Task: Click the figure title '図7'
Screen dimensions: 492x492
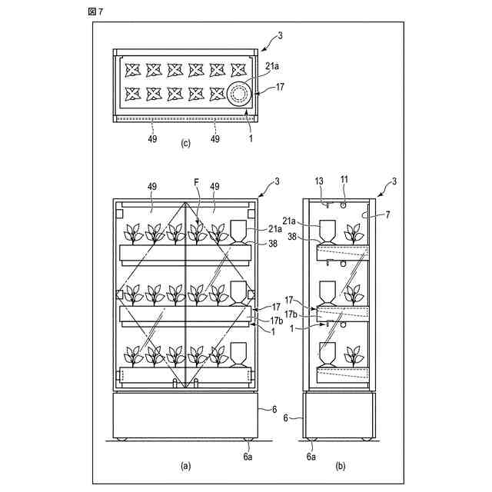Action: click(96, 10)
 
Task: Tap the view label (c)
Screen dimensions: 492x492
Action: click(184, 144)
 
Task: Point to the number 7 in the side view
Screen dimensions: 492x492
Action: click(387, 216)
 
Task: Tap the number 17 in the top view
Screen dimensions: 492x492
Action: click(279, 87)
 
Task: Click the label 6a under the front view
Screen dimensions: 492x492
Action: click(248, 456)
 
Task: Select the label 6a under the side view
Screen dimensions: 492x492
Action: click(311, 456)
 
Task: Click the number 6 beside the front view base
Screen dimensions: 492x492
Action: click(274, 409)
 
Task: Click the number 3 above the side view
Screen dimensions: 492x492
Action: click(394, 181)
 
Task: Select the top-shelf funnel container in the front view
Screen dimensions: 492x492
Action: click(239, 231)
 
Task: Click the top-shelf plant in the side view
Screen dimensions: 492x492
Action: click(354, 231)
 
